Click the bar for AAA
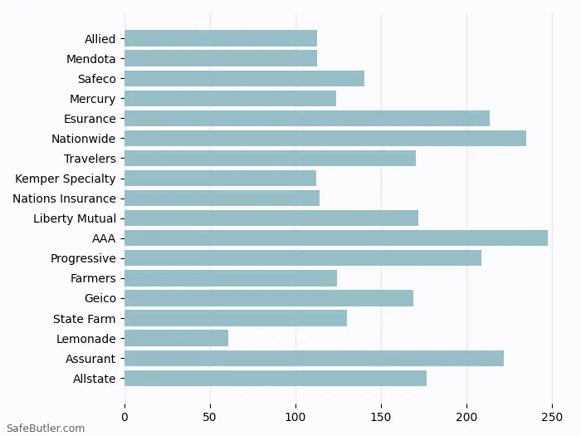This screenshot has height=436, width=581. tap(336, 238)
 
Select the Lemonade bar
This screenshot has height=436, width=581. tap(177, 338)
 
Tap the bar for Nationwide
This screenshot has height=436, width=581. tap(325, 139)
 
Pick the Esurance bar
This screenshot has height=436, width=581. tap(307, 119)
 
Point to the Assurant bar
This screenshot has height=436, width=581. tap(314, 358)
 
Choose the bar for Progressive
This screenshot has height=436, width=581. tap(303, 258)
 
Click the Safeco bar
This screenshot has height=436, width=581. tap(245, 79)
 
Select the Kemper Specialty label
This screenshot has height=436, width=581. tap(66, 179)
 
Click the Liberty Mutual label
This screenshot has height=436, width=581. tap(75, 218)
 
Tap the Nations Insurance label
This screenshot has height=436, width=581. tap(64, 198)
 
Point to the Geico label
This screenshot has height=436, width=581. tap(100, 298)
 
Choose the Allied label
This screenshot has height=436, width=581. tap(100, 39)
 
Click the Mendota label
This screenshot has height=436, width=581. tap(91, 59)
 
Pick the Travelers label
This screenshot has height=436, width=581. tap(90, 159)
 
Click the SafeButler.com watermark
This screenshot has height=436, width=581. tap(46, 429)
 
